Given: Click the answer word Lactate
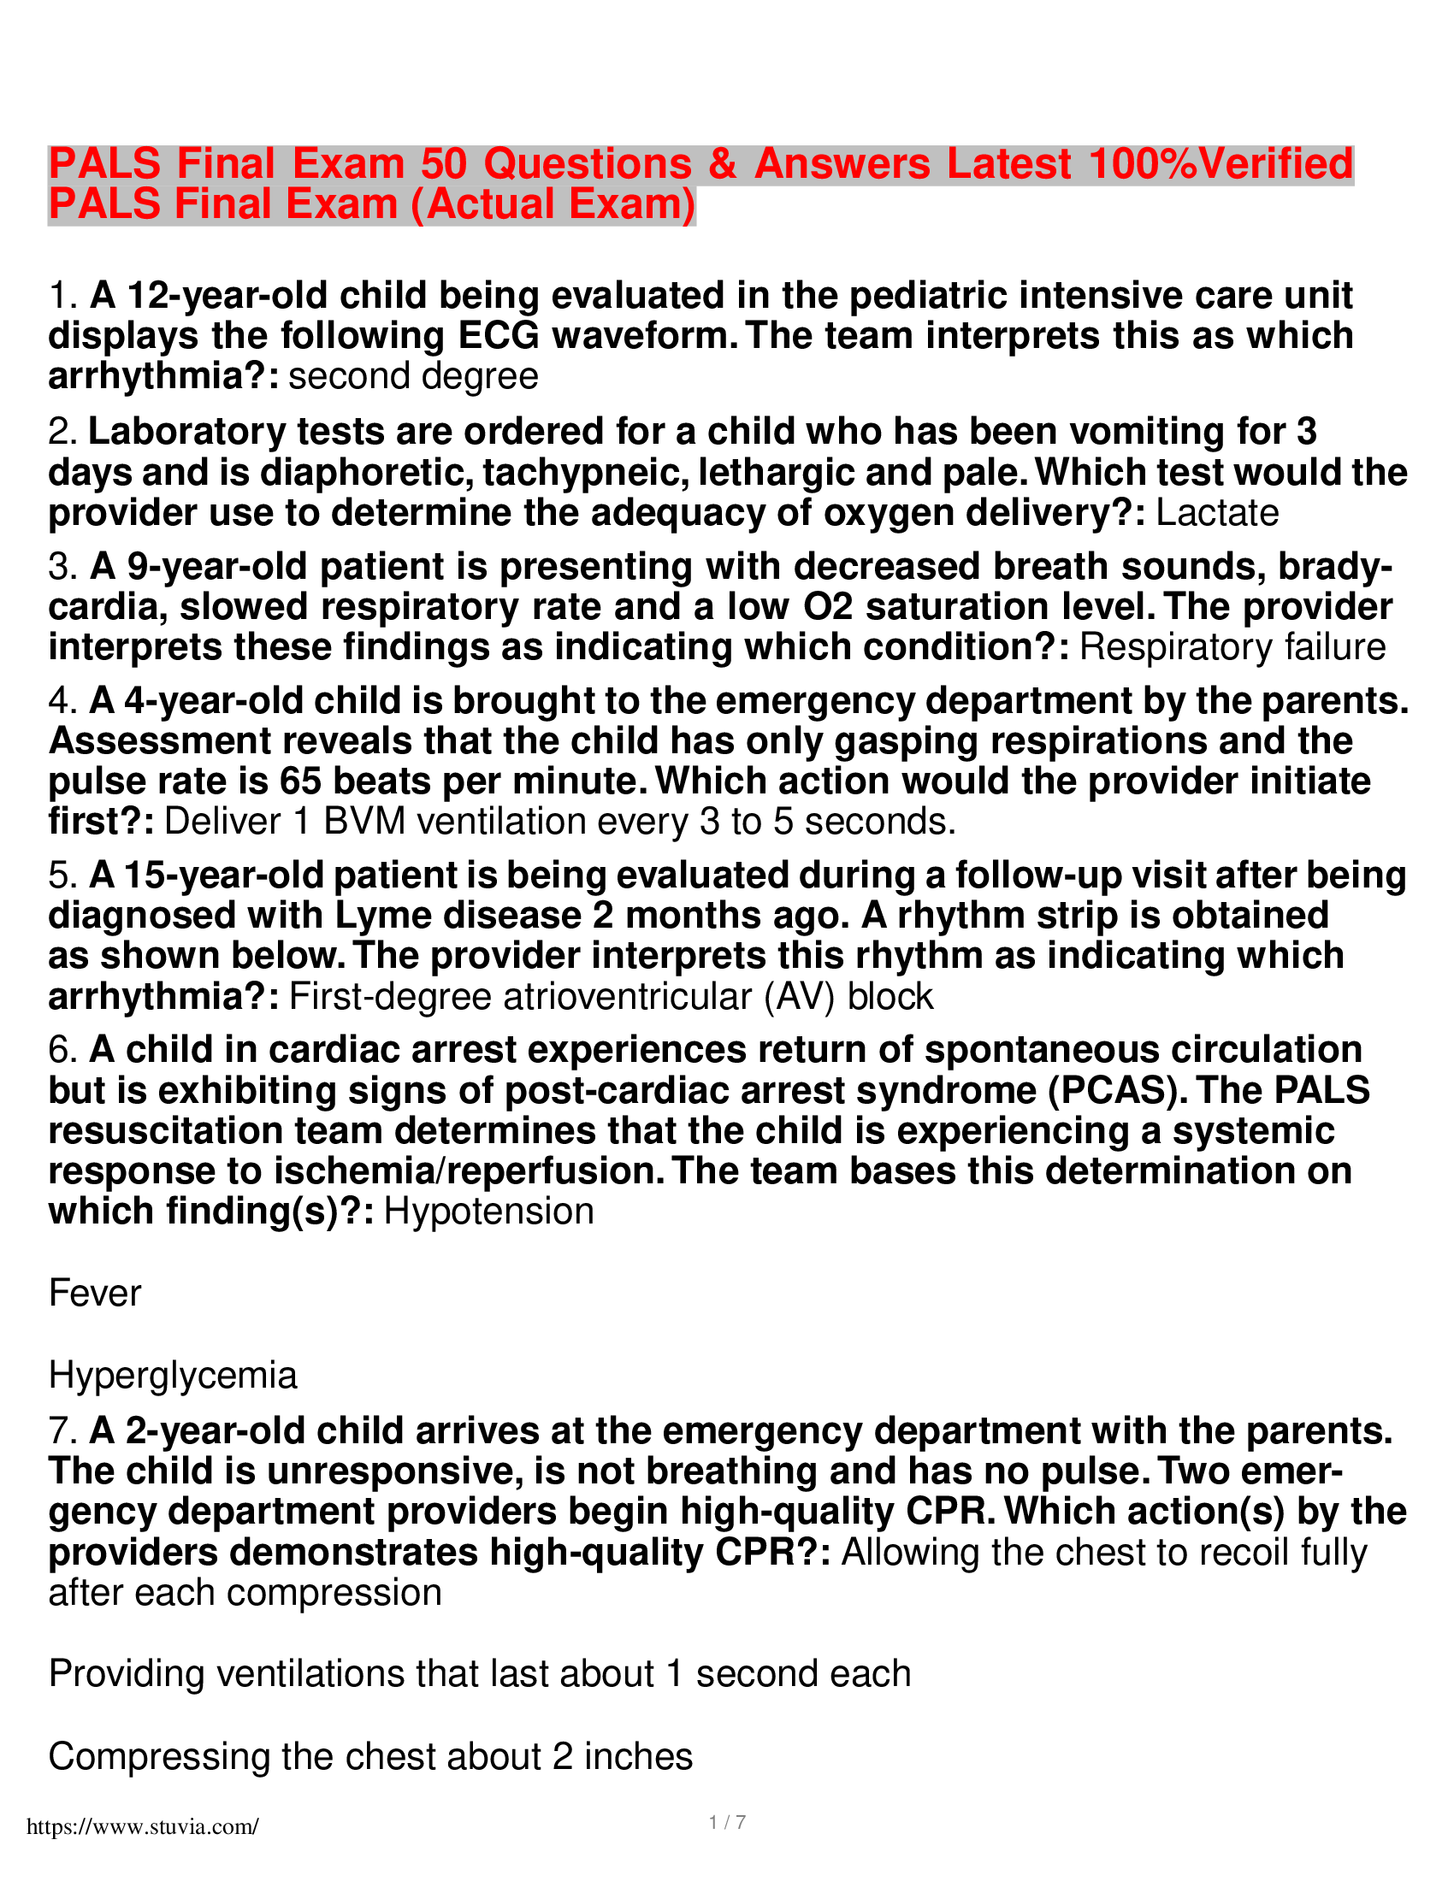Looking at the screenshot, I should [x=1216, y=513].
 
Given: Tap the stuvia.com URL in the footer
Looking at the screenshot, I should [x=142, y=1827].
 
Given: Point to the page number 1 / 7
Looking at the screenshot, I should [x=727, y=1823].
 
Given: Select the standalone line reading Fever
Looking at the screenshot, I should [x=95, y=1294].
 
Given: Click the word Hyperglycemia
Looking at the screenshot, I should [x=173, y=1376].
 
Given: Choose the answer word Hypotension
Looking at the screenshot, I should [x=488, y=1212].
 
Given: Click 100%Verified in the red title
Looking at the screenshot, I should [x=1221, y=163].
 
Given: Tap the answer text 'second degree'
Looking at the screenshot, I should [x=413, y=376].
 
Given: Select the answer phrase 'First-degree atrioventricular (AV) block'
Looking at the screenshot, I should [x=611, y=996].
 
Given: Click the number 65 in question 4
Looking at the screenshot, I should [x=300, y=781].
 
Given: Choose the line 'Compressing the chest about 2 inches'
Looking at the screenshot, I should [x=370, y=1756].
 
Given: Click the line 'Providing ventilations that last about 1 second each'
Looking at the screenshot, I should [x=480, y=1674].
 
